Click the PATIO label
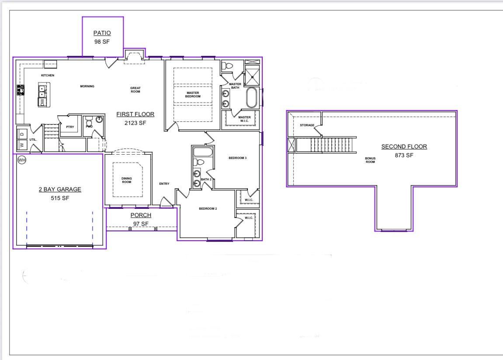[x=102, y=33]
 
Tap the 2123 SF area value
[x=135, y=123]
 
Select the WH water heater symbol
[x=22, y=160]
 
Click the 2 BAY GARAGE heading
[x=60, y=190]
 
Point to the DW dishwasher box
[x=42, y=102]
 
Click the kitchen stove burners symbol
[x=20, y=90]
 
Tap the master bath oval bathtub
[x=252, y=98]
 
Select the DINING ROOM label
[x=126, y=180]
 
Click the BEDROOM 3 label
[x=238, y=158]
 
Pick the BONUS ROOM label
[x=370, y=160]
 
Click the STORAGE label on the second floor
[x=307, y=125]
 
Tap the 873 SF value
[x=404, y=155]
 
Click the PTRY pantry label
[x=70, y=127]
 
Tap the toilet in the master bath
[x=227, y=66]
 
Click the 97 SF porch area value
[x=141, y=224]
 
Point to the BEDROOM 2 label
[x=208, y=209]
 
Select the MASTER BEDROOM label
[x=193, y=94]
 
